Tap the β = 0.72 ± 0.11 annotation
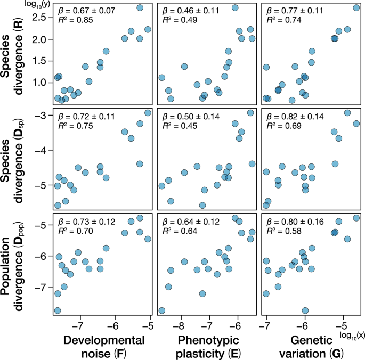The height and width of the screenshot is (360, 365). point(84,116)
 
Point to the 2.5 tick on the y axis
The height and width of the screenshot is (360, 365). point(40,18)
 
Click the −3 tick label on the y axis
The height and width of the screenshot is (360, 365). point(43,115)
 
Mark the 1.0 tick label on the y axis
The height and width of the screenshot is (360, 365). point(40,83)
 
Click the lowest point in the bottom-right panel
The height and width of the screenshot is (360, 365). point(305,310)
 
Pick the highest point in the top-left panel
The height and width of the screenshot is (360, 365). point(140,7)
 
